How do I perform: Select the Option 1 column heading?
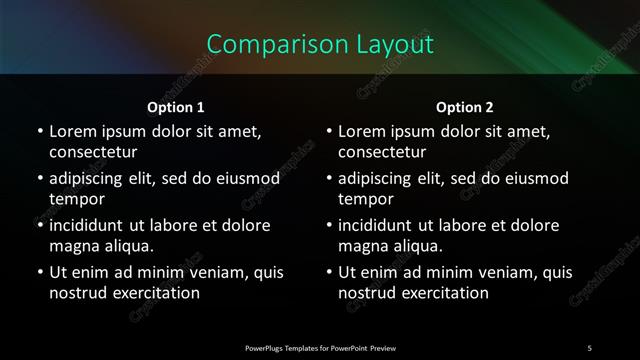click(x=176, y=107)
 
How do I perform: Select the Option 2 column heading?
click(x=465, y=107)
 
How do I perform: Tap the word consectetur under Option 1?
click(x=93, y=152)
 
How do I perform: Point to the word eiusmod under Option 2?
click(x=531, y=179)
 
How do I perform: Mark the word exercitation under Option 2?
click(x=444, y=293)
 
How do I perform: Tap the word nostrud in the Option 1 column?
click(x=78, y=293)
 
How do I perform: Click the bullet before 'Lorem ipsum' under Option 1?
click(x=39, y=132)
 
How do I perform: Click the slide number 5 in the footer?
click(x=589, y=348)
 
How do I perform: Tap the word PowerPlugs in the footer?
click(x=265, y=348)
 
